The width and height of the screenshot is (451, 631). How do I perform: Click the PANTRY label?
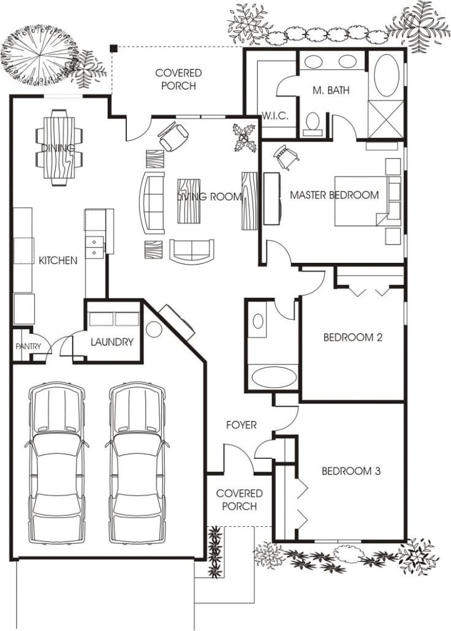point(29,346)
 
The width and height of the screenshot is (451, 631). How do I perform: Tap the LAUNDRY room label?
point(112,342)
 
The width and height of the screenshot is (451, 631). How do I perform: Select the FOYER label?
point(241,425)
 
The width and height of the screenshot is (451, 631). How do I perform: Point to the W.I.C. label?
point(275,116)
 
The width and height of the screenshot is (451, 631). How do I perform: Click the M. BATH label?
point(331,90)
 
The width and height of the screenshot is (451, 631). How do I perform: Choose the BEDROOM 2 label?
point(353,337)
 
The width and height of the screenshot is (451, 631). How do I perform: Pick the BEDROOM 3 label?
point(351,471)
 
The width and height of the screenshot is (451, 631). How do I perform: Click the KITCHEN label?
point(58,260)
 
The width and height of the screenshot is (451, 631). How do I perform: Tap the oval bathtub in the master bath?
point(387,75)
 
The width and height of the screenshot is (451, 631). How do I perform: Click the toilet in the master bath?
point(313,124)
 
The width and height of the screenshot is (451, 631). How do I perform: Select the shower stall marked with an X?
point(386,119)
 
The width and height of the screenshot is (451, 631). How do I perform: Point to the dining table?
point(59,148)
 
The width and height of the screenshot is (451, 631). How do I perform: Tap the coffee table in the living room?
point(189,201)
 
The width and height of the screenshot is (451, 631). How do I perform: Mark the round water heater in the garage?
point(153,329)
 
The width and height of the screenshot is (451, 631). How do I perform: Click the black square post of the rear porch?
point(114,48)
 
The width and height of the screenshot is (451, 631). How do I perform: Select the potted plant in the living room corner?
point(244,138)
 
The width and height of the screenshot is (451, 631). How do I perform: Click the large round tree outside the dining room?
point(40,56)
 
